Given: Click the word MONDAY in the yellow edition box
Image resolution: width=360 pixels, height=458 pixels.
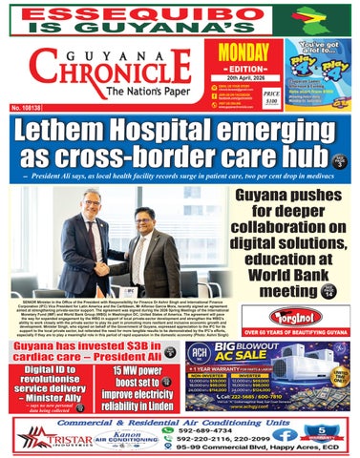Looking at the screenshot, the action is tap(244, 55).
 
